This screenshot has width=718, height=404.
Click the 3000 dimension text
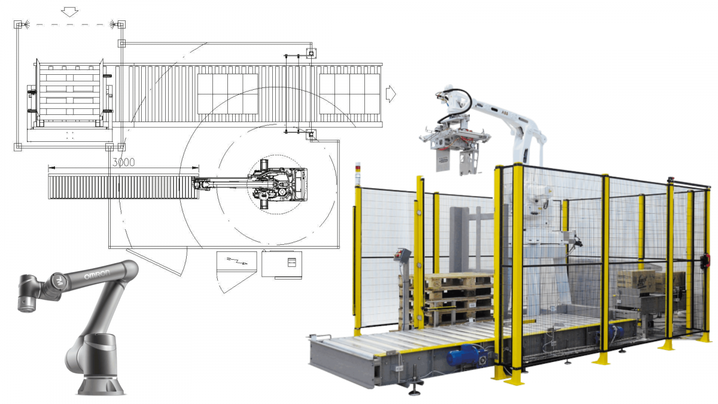[x=123, y=162]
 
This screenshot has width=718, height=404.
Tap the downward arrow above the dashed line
[x=70, y=11]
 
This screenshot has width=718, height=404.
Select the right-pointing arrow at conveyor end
[x=391, y=93]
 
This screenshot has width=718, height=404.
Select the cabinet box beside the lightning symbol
[x=282, y=263]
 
